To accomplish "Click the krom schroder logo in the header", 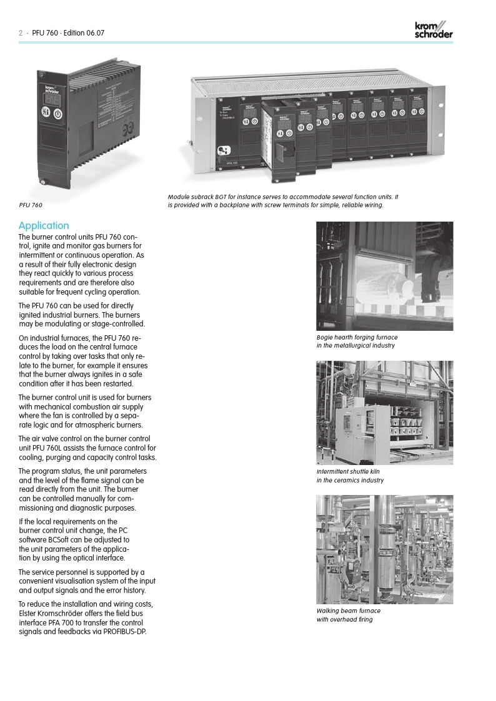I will [434, 30].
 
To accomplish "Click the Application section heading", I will [44, 225].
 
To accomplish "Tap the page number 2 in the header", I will [21, 33].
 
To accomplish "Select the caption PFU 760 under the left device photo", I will [31, 204].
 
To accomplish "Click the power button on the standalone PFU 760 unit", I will [57, 113].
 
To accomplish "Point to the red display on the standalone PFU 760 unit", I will [52, 99].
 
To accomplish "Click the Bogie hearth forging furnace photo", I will [384, 276].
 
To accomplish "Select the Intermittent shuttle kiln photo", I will [384, 412].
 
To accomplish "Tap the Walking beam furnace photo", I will [384, 549].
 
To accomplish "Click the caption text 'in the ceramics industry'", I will [350, 480].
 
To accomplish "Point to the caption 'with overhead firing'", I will [344, 619].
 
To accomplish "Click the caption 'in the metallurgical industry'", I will [355, 345].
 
